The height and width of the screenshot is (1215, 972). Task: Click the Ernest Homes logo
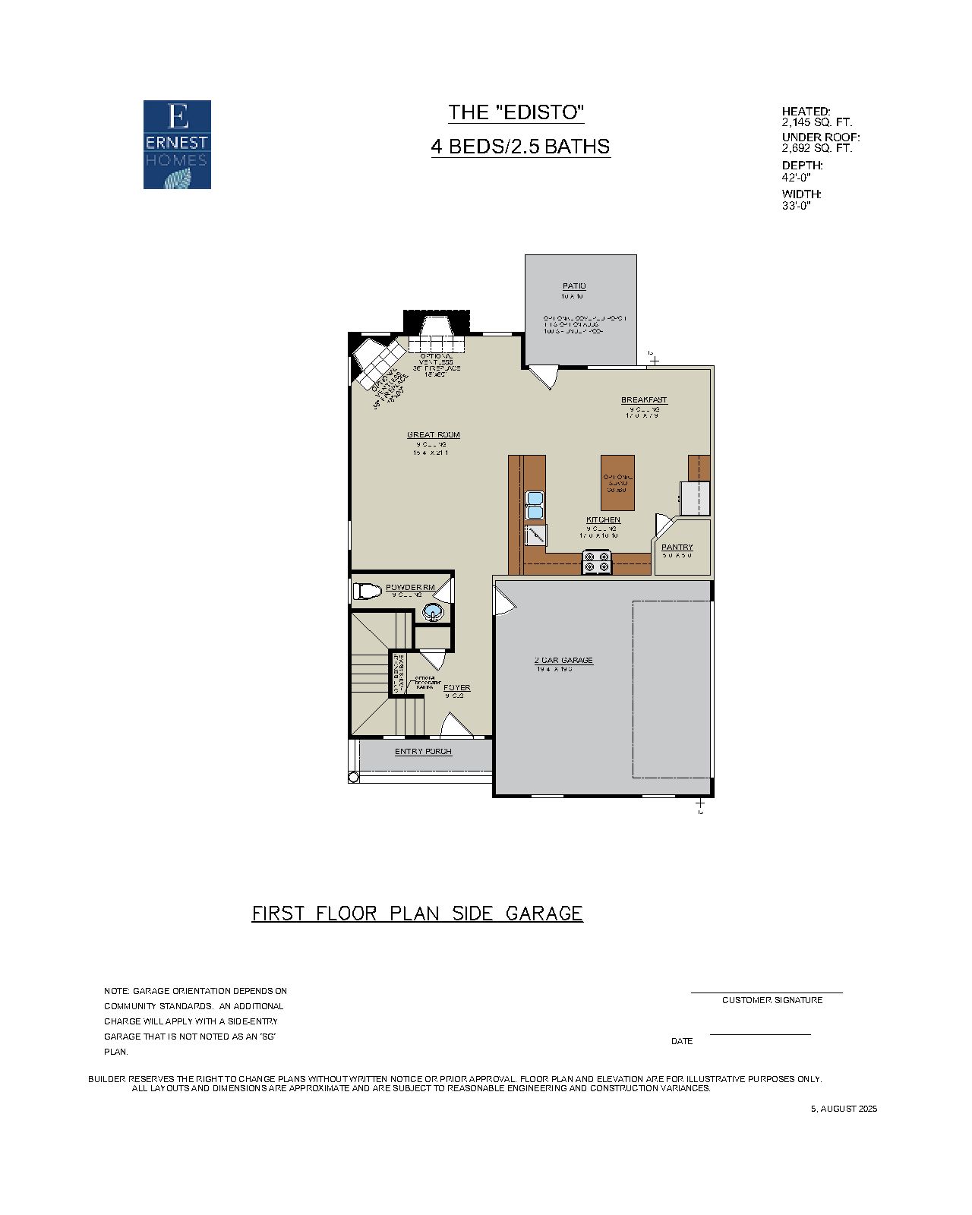coord(177,144)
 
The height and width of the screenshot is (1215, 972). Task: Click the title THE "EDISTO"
coord(516,113)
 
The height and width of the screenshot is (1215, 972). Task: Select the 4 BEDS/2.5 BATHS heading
coord(520,147)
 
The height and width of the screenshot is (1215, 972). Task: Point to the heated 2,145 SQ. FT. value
coord(817,121)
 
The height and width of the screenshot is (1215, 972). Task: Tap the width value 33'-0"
coord(797,205)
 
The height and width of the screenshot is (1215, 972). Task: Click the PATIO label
coord(574,286)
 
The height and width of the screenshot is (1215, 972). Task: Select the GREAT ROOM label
coord(433,435)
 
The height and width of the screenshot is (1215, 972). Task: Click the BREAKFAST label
coord(644,400)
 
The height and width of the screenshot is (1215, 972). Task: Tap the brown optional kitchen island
coord(617,484)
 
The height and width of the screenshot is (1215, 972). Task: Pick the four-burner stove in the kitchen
coord(596,562)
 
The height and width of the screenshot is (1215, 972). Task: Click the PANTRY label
coord(677,547)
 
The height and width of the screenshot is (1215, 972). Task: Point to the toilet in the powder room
coord(367,591)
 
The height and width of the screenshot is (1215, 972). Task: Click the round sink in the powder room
coord(432,611)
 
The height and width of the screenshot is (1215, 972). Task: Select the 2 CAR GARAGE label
coord(563,661)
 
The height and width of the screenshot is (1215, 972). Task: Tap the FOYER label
coord(456,688)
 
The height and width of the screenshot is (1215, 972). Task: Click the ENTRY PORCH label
coord(423,752)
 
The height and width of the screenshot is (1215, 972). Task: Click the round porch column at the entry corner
coord(353,777)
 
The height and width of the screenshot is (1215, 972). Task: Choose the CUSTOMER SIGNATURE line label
coord(772,1000)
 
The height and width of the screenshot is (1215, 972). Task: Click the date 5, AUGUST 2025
coord(844,1109)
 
